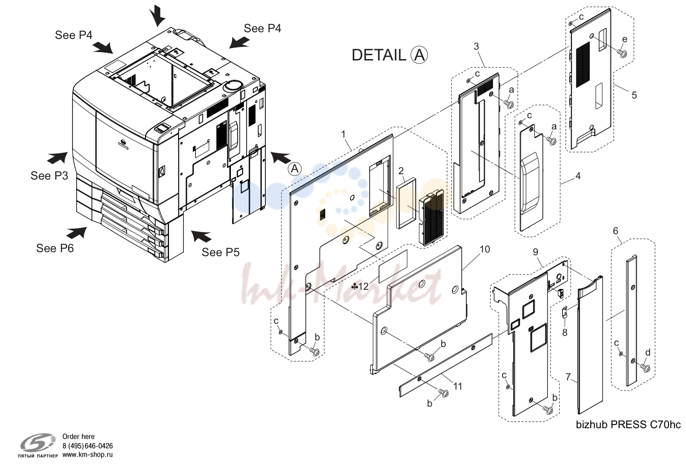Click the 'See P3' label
coord(49,176)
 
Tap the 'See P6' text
coord(55,248)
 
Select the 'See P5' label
coord(221,252)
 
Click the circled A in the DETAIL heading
coord(419,55)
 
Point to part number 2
coord(401,171)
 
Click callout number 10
coord(485,249)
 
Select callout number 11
coord(457,386)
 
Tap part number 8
coord(565,332)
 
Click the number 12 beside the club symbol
coord(363,286)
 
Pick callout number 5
coord(634,95)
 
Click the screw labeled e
coord(622,54)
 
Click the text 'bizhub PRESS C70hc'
coord(628,425)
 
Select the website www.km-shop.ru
coord(88,454)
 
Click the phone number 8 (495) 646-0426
coord(88,446)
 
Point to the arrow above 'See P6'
coord(77,233)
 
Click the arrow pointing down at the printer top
coord(158,15)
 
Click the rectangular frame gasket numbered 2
coord(406,203)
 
